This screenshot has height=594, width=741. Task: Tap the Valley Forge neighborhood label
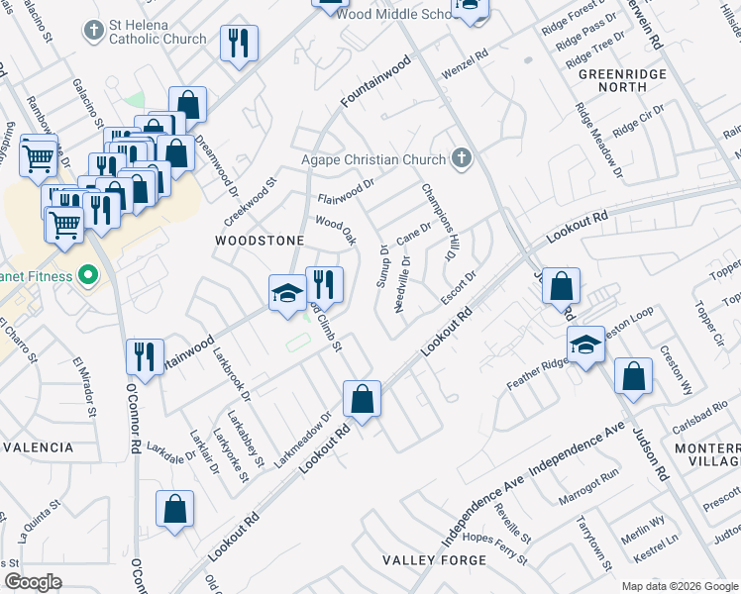pyautogui.click(x=434, y=560)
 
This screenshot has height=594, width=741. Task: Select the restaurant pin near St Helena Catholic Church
pyautogui.click(x=238, y=43)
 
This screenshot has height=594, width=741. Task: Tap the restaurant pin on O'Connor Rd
pyautogui.click(x=145, y=356)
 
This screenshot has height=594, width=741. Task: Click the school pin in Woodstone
pyautogui.click(x=287, y=292)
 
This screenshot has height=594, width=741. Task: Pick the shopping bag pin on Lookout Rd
pyautogui.click(x=362, y=399)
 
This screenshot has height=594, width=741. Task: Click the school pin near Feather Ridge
pyautogui.click(x=584, y=345)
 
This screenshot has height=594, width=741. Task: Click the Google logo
pyautogui.click(x=33, y=582)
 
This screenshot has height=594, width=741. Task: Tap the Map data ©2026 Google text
pyautogui.click(x=680, y=586)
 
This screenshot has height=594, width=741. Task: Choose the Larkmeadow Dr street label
pyautogui.click(x=301, y=440)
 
